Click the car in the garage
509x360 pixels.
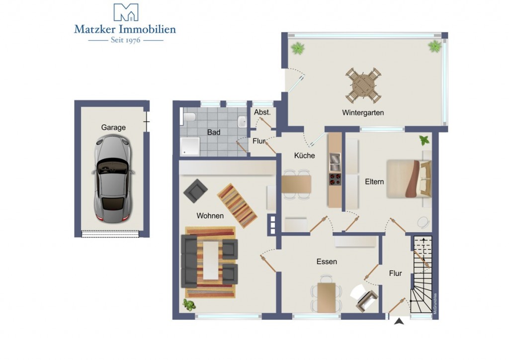click(112, 179)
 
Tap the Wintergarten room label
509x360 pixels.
click(363, 113)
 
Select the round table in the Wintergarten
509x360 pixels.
click(363, 85)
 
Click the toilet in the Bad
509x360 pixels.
click(189, 117)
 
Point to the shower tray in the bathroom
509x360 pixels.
click(190, 146)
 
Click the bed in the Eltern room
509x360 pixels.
click(409, 179)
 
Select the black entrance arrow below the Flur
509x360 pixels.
click(399, 321)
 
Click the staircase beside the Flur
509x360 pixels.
click(423, 274)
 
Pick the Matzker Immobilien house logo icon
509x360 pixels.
click(126, 12)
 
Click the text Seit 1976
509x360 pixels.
click(126, 40)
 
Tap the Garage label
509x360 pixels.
click(113, 127)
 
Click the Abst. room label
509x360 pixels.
click(262, 112)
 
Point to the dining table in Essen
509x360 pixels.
click(326, 297)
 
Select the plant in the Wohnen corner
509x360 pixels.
click(188, 305)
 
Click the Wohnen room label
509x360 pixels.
click(210, 215)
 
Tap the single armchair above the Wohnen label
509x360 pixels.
click(195, 191)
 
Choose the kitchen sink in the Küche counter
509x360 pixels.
click(335, 162)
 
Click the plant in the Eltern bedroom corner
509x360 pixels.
click(424, 141)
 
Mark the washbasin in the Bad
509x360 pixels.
click(242, 122)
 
